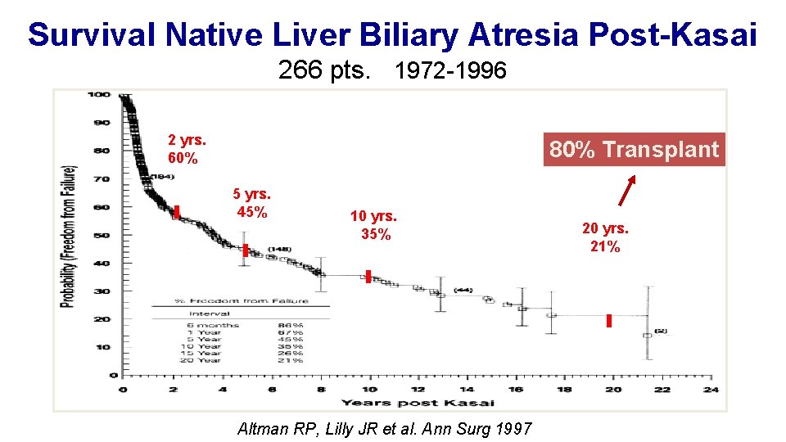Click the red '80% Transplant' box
635,150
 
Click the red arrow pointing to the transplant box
627,189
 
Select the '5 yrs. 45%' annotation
251,204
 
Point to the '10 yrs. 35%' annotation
373,225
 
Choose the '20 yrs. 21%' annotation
605,237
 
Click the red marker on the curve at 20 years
609,321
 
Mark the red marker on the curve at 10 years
368,277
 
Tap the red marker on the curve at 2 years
177,212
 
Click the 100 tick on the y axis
99,94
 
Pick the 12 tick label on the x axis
418,389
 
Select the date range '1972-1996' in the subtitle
449,72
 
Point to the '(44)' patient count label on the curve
463,290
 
